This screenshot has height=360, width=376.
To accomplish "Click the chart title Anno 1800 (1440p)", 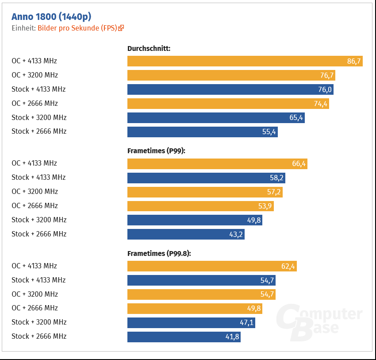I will pyautogui.click(x=51, y=17).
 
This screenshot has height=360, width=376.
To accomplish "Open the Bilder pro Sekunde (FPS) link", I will pyautogui.click(x=77, y=28).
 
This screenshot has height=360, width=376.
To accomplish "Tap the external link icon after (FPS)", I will pyautogui.click(x=121, y=28).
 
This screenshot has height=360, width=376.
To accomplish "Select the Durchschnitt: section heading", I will pyautogui.click(x=149, y=48).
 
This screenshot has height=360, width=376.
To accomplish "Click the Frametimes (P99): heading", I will pyautogui.click(x=156, y=151).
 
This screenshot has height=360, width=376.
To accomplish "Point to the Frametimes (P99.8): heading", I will pyautogui.click(x=159, y=254).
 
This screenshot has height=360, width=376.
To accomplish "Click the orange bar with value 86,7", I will pyautogui.click(x=245, y=61).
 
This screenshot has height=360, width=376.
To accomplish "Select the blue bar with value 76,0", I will pyautogui.click(x=230, y=89).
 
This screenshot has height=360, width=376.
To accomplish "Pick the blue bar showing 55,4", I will pyautogui.click(x=202, y=132).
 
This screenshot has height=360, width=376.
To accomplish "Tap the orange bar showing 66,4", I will pyautogui.click(x=217, y=163).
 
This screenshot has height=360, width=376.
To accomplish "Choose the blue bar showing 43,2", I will pyautogui.click(x=186, y=234).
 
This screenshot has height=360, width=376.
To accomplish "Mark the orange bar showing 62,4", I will pyautogui.click(x=211, y=266).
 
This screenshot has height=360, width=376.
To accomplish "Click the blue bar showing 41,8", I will pyautogui.click(x=184, y=337).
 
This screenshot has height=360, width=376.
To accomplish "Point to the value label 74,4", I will pyautogui.click(x=320, y=104).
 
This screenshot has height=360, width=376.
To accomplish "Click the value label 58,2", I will pyautogui.click(x=276, y=178).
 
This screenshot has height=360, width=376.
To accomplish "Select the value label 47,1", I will pyautogui.click(x=246, y=322).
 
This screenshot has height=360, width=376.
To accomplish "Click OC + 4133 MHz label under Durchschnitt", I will pyautogui.click(x=34, y=61).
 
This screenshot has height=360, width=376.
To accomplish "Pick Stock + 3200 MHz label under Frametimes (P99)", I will pyautogui.click(x=39, y=220).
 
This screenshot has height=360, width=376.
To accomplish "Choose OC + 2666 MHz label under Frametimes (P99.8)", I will pyautogui.click(x=35, y=308).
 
